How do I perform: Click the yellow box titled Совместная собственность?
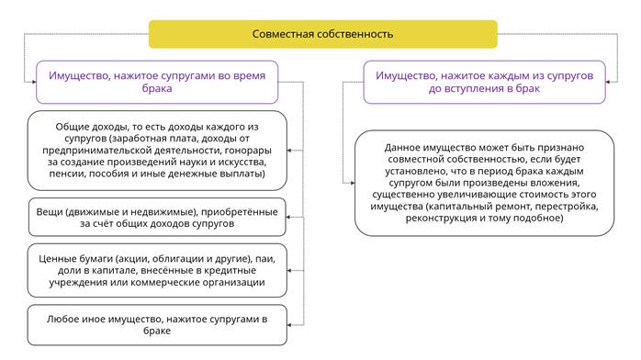(323, 34)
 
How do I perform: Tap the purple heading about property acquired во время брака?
(157, 82)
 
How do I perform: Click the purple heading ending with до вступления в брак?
(485, 82)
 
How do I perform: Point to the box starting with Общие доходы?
(157, 151)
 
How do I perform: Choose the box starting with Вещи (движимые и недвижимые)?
(157, 218)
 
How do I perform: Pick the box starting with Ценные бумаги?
(157, 271)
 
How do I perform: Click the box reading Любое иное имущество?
(157, 325)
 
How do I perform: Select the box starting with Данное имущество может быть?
(485, 183)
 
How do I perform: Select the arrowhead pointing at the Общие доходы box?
(289, 151)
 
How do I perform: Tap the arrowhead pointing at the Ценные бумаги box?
(289, 271)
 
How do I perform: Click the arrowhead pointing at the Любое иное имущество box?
(289, 325)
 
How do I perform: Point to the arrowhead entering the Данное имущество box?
(352, 183)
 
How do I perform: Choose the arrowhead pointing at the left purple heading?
(34, 82)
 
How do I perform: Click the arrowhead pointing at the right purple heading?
(608, 82)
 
